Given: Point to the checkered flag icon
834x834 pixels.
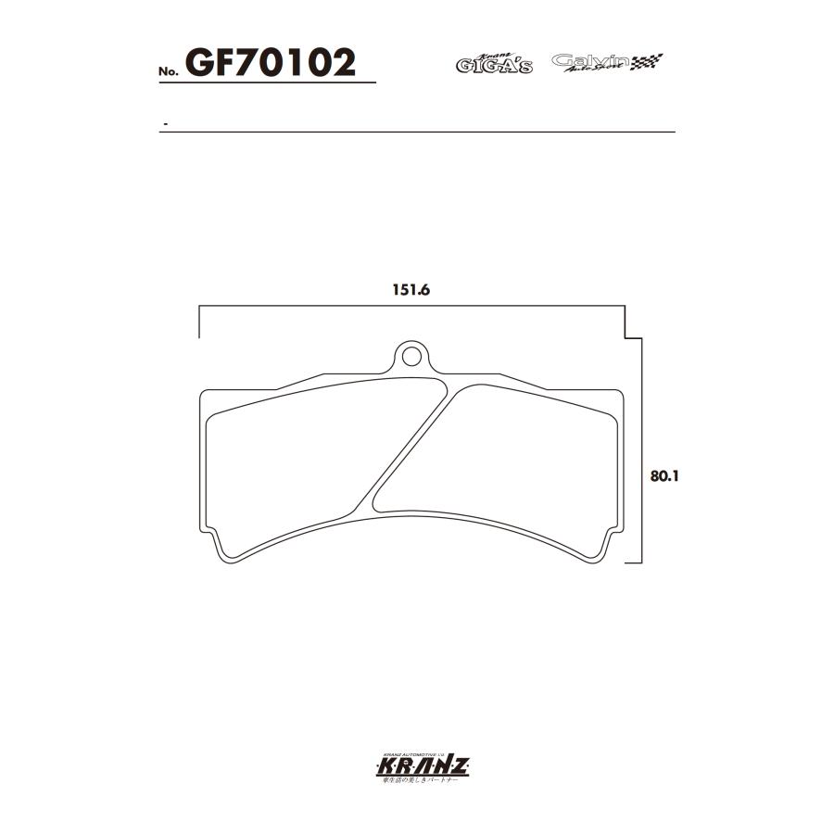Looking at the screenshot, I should pyautogui.click(x=648, y=63).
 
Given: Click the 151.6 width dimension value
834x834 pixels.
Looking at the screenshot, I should pyautogui.click(x=413, y=289).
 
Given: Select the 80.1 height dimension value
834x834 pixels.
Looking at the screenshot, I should pyautogui.click(x=664, y=476).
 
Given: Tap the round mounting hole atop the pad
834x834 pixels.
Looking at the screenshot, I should pyautogui.click(x=410, y=355).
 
